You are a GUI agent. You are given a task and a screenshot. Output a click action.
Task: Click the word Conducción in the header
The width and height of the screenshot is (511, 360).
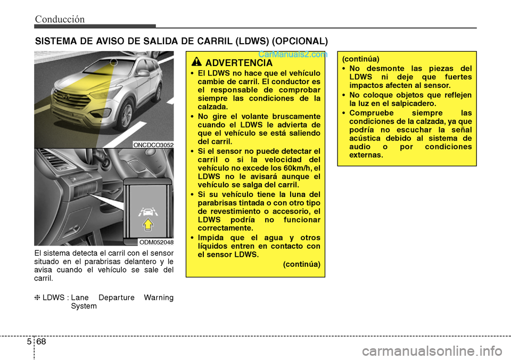[x=60, y=19]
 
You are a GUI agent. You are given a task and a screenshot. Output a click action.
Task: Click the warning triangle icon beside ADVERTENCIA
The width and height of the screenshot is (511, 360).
[x=197, y=62]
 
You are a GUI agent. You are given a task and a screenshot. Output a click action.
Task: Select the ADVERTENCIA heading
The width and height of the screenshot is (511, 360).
[x=238, y=63]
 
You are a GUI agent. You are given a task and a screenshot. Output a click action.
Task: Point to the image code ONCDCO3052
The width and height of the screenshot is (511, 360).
[x=153, y=144]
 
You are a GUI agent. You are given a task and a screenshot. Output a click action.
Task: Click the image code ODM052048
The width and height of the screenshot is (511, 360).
[x=156, y=242]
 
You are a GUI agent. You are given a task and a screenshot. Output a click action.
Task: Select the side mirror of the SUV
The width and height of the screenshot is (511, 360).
[x=143, y=72]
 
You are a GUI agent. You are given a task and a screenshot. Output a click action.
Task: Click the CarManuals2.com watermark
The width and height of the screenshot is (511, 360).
[x=292, y=54]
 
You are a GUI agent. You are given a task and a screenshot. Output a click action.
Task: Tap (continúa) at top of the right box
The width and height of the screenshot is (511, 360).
[x=360, y=60]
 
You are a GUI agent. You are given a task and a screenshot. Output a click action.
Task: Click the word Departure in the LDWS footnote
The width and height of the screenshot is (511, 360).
[x=116, y=298]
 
